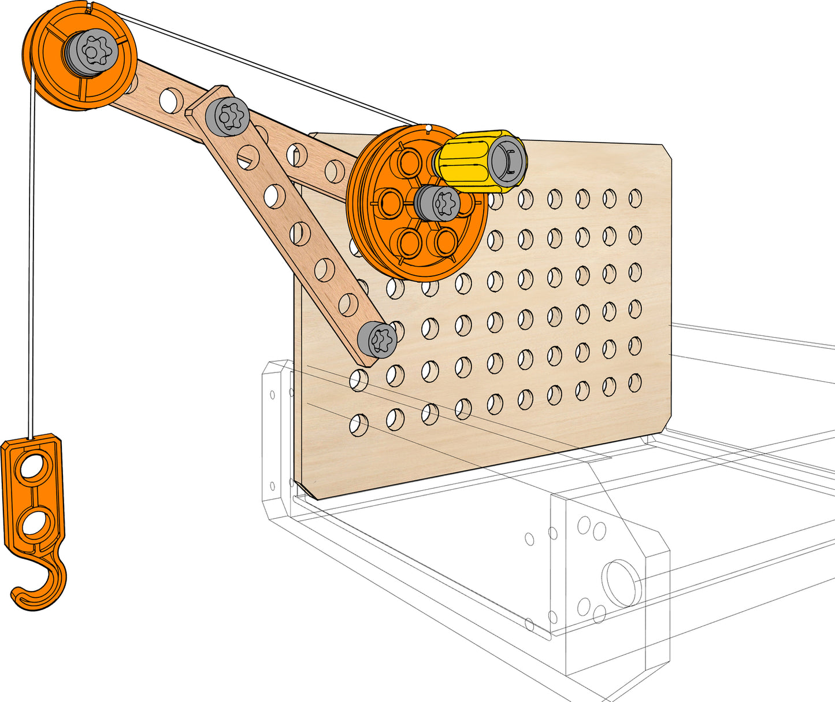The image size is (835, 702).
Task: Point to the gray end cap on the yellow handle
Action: [507, 160]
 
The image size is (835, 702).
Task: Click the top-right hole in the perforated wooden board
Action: [635, 198]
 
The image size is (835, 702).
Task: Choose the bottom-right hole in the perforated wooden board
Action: [635, 382]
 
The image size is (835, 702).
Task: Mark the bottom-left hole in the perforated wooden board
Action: [358, 424]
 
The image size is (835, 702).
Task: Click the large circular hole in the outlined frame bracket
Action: [621, 582]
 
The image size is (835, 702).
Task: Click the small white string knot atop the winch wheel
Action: [428, 127]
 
